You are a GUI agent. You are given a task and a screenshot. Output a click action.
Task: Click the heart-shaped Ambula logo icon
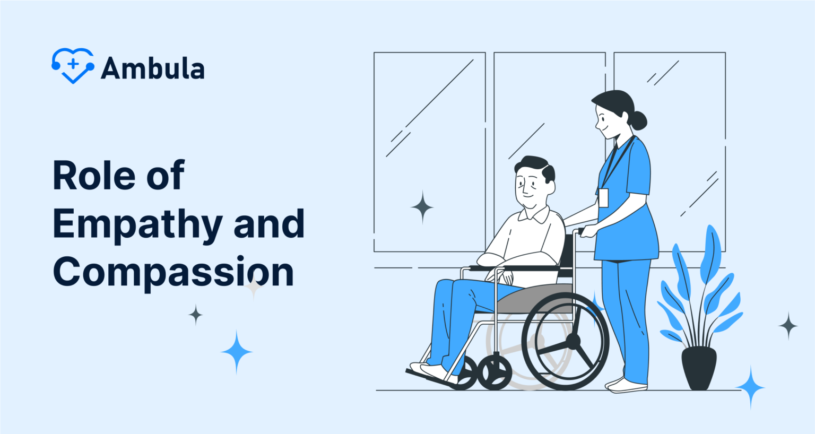73,65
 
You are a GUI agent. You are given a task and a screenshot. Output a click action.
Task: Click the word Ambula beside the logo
153,68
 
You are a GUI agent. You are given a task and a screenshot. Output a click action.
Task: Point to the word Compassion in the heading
173,272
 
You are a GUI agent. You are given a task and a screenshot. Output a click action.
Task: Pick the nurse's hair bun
638,120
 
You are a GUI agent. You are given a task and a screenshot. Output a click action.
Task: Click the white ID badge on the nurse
603,197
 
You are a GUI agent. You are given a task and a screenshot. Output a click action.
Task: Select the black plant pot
699,368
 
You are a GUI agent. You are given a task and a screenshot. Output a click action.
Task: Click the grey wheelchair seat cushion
536,300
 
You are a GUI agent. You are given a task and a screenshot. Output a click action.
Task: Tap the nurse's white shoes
626,385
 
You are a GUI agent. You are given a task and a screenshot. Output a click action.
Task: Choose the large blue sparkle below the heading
237,352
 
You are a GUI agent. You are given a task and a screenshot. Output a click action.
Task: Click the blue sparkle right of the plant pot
750,387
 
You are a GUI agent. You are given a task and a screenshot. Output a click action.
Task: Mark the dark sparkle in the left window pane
422,207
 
